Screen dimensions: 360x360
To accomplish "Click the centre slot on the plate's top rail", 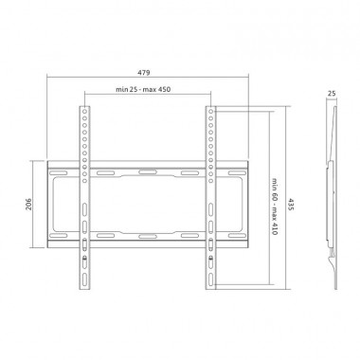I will point(147,172).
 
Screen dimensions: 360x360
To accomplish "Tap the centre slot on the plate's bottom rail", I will point(147,234).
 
